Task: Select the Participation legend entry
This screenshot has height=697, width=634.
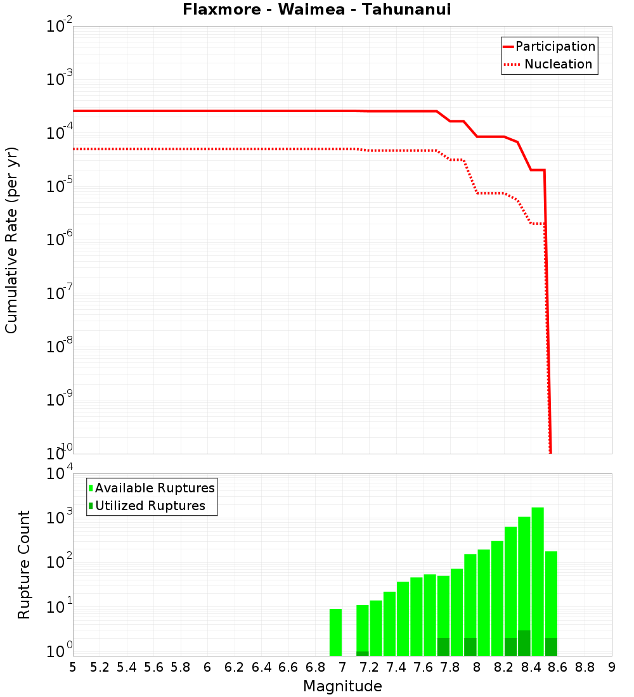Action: [x=555, y=46]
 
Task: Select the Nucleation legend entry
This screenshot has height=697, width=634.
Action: [x=558, y=65]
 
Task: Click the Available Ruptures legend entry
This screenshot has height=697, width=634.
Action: [x=155, y=488]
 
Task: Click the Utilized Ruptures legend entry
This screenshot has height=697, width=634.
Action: [x=150, y=506]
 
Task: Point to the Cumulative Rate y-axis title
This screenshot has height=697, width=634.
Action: [x=11, y=240]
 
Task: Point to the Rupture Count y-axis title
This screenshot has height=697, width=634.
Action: [x=24, y=564]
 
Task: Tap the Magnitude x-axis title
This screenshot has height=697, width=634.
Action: [x=342, y=686]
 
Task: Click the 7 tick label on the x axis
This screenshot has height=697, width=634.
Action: [x=342, y=667]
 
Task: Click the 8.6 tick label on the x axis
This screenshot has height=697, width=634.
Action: [x=558, y=667]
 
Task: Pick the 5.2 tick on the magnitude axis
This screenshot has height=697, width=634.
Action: [x=100, y=667]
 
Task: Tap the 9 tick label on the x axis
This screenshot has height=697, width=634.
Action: [x=612, y=667]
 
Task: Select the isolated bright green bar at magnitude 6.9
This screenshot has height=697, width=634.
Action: [x=335, y=632]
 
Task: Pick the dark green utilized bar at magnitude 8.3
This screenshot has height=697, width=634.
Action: [x=524, y=643]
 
